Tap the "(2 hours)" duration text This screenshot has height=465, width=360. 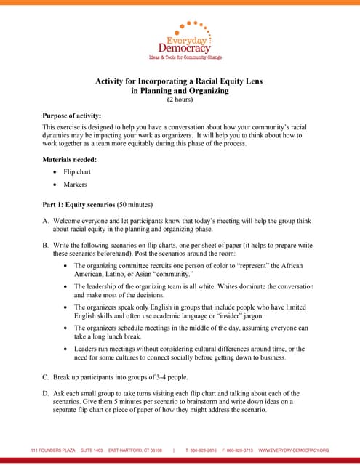pos(180,100)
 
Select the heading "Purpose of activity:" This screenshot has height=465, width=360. pos(71,116)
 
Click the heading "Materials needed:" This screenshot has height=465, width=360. pos(70,159)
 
